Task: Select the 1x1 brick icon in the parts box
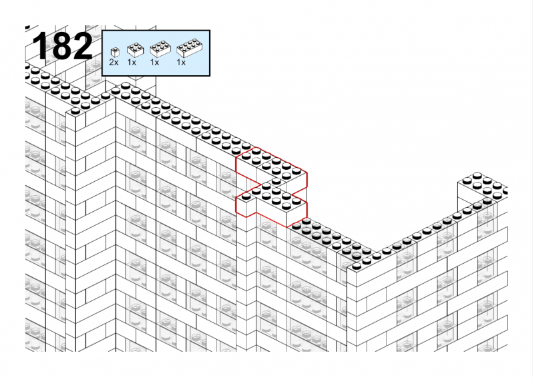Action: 115,53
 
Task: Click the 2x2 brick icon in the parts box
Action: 135,50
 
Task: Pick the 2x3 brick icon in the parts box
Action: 160,49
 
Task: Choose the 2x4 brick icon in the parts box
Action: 190,48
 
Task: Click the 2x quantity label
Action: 114,63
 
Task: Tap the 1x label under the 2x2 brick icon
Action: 132,63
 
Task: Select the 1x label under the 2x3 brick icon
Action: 155,63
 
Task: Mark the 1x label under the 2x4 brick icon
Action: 181,63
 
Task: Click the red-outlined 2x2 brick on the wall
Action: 252,163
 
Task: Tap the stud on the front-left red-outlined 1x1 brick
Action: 246,196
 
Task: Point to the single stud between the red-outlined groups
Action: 276,181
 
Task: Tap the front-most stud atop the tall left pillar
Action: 75,111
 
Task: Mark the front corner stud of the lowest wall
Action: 356,266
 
